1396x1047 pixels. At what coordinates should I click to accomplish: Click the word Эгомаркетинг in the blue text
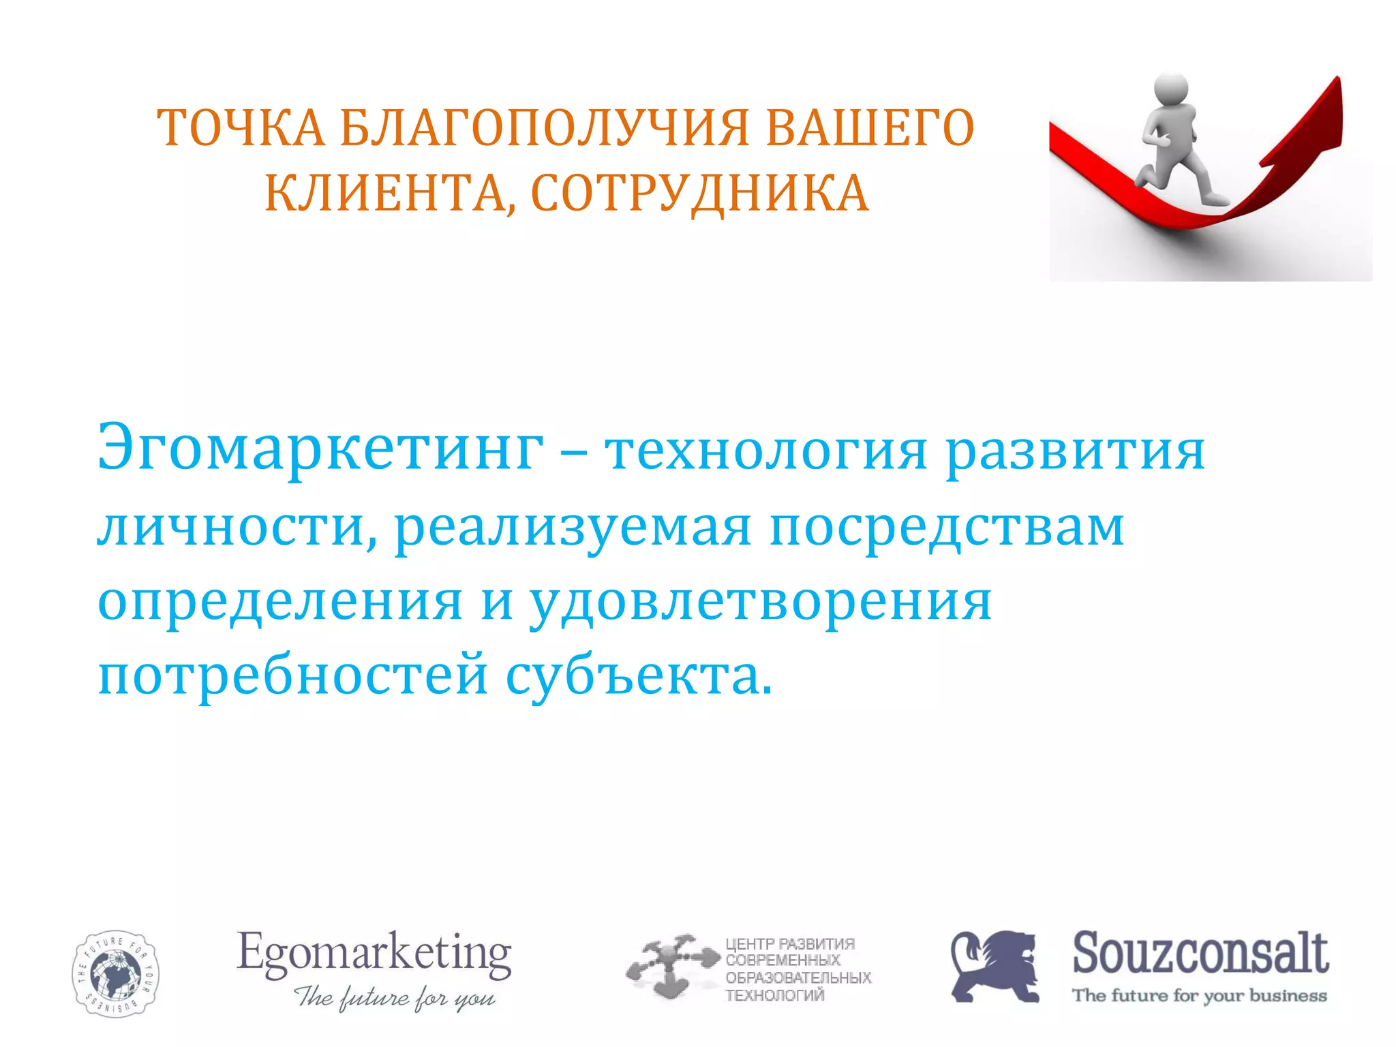[x=320, y=450]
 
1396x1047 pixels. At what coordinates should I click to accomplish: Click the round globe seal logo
[x=115, y=973]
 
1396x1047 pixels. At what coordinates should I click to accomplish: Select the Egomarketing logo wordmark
[x=374, y=954]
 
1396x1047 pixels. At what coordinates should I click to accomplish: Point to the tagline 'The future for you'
[x=395, y=997]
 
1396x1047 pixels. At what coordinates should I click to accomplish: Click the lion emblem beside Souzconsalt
[x=995, y=966]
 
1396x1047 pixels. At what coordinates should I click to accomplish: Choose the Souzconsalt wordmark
[x=1200, y=952]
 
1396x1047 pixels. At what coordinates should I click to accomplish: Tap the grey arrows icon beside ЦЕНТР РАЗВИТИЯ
[x=672, y=966]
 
